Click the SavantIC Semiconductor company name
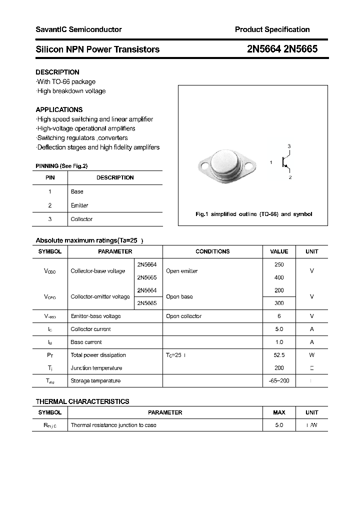(x=78, y=29)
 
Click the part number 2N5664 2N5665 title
(x=282, y=49)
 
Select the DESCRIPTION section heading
(x=57, y=72)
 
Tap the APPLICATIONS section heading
(x=59, y=109)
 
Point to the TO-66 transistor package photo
(x=227, y=164)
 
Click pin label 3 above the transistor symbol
(x=289, y=146)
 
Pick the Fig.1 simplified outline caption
(x=253, y=214)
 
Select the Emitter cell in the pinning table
(x=79, y=205)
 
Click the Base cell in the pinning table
(x=77, y=191)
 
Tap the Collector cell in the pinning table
(x=81, y=219)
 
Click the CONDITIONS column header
(x=212, y=251)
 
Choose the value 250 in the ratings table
(x=279, y=264)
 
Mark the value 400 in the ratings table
(x=279, y=277)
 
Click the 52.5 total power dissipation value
(x=279, y=355)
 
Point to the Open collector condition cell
(x=183, y=316)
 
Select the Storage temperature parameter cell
(x=95, y=381)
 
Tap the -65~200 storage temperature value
(x=279, y=381)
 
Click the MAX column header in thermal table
(x=279, y=412)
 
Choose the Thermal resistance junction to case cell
(x=113, y=425)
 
